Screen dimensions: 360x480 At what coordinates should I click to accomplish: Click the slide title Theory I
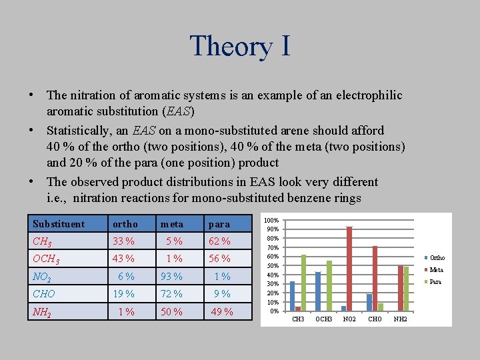(x=240, y=45)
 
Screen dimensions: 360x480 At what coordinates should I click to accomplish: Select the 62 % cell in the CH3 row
(x=219, y=241)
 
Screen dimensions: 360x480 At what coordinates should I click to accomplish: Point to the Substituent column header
(x=59, y=224)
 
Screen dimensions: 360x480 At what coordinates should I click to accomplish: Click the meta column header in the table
(x=171, y=224)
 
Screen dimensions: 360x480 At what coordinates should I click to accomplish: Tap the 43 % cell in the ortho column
(x=123, y=259)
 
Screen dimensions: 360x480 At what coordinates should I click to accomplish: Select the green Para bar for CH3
(x=303, y=283)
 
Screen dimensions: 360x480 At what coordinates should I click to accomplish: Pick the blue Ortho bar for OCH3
(x=318, y=291)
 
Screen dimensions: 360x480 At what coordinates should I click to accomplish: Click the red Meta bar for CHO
(x=375, y=278)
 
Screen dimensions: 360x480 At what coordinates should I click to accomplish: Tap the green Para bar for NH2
(x=406, y=289)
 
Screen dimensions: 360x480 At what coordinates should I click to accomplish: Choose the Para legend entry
(x=435, y=281)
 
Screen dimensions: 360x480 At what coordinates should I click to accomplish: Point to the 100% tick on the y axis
(x=271, y=220)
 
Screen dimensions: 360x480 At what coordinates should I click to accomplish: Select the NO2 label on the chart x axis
(x=349, y=319)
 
